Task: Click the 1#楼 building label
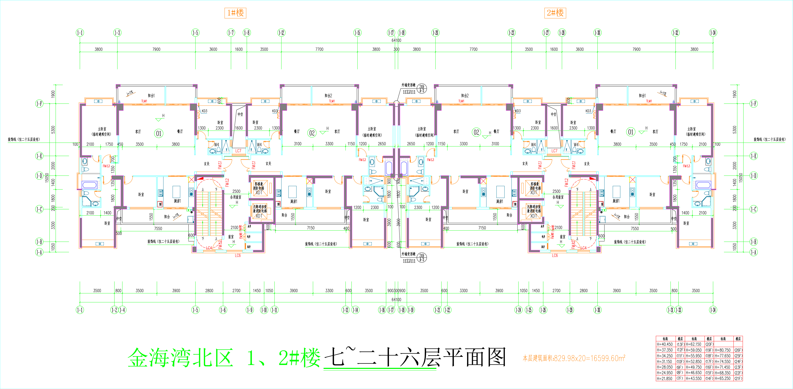click(x=235, y=13)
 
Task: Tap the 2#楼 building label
click(x=555, y=13)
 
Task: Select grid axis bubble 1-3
click(x=117, y=33)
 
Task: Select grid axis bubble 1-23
click(x=511, y=33)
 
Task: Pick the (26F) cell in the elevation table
click(x=738, y=350)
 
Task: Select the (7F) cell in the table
click(x=680, y=379)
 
